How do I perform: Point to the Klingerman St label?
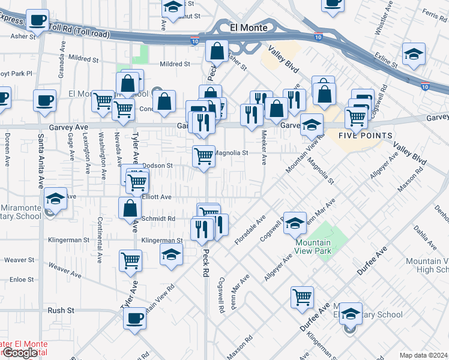click(161, 240)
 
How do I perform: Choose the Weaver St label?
click(19, 260)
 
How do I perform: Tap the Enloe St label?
click(22, 279)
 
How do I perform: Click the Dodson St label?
click(158, 165)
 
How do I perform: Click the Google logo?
click(19, 353)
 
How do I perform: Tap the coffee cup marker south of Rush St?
click(134, 318)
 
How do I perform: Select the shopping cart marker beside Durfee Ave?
click(302, 296)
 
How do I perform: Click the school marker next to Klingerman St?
click(171, 254)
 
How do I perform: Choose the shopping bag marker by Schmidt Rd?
click(130, 208)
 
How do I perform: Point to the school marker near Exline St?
click(414, 55)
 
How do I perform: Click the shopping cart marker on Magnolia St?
click(203, 156)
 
